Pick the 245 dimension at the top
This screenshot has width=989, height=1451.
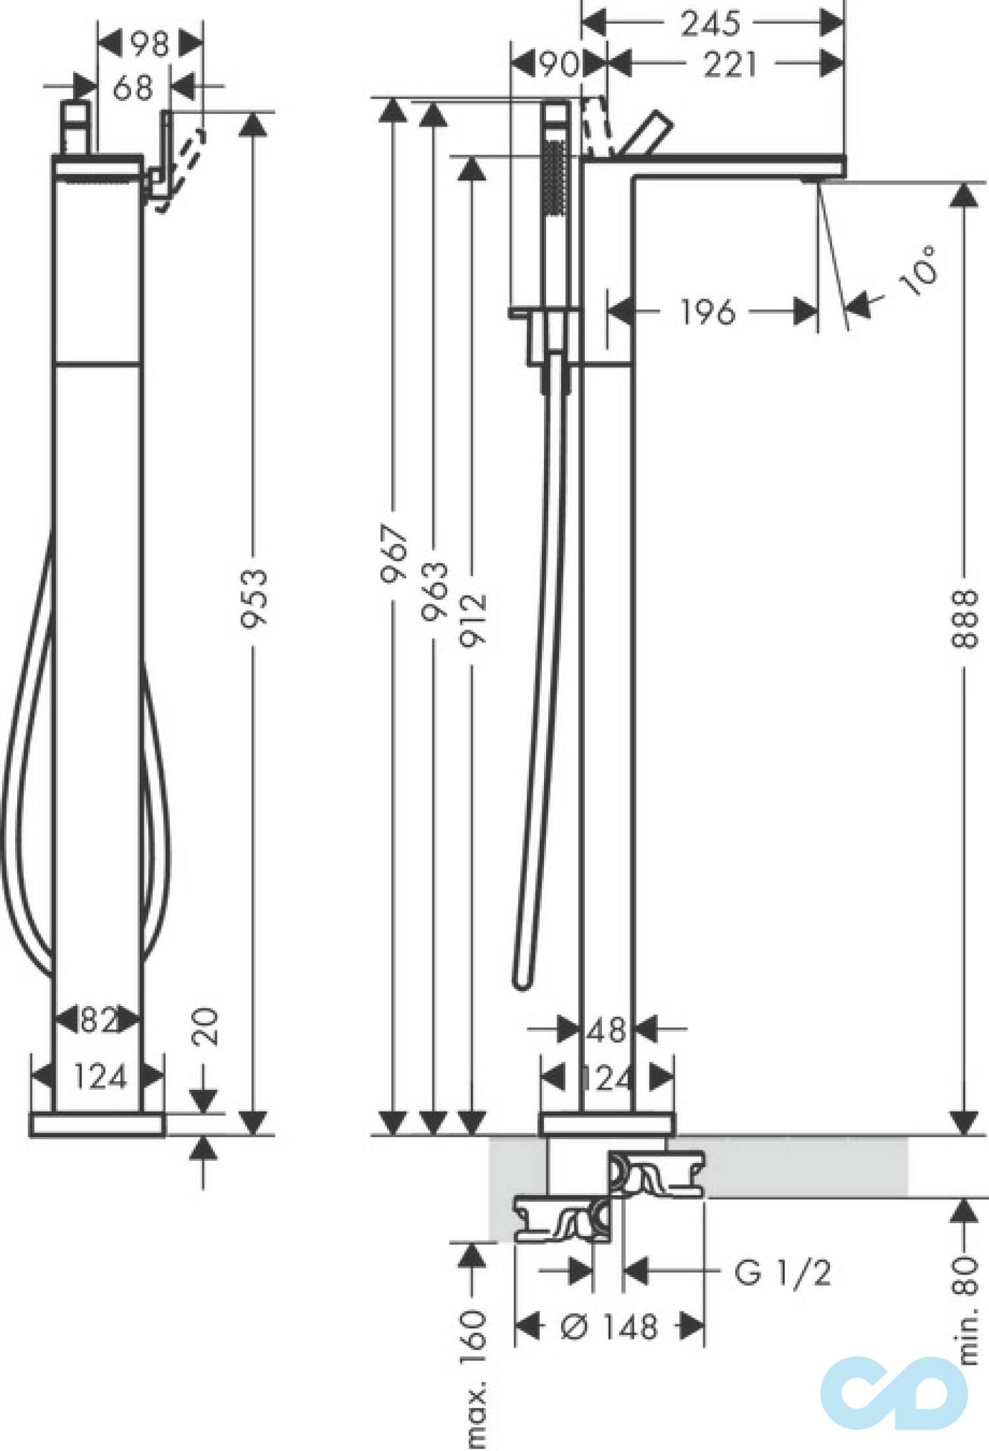point(711,24)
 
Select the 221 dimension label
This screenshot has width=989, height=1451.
point(729,65)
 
